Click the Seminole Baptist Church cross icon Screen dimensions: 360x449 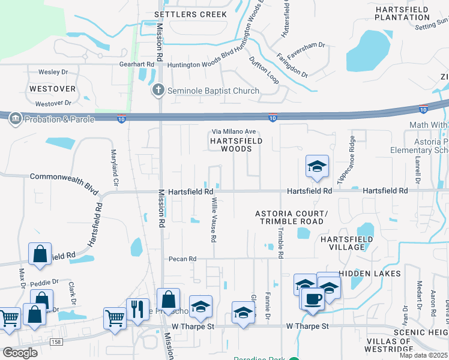point(158,91)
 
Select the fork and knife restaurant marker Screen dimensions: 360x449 point(137,310)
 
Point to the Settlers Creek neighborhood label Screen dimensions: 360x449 point(190,14)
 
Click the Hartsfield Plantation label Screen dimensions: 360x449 point(402,13)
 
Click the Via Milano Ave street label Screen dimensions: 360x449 point(234,132)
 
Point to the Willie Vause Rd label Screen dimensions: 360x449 point(213,221)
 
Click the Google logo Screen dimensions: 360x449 point(20,353)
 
